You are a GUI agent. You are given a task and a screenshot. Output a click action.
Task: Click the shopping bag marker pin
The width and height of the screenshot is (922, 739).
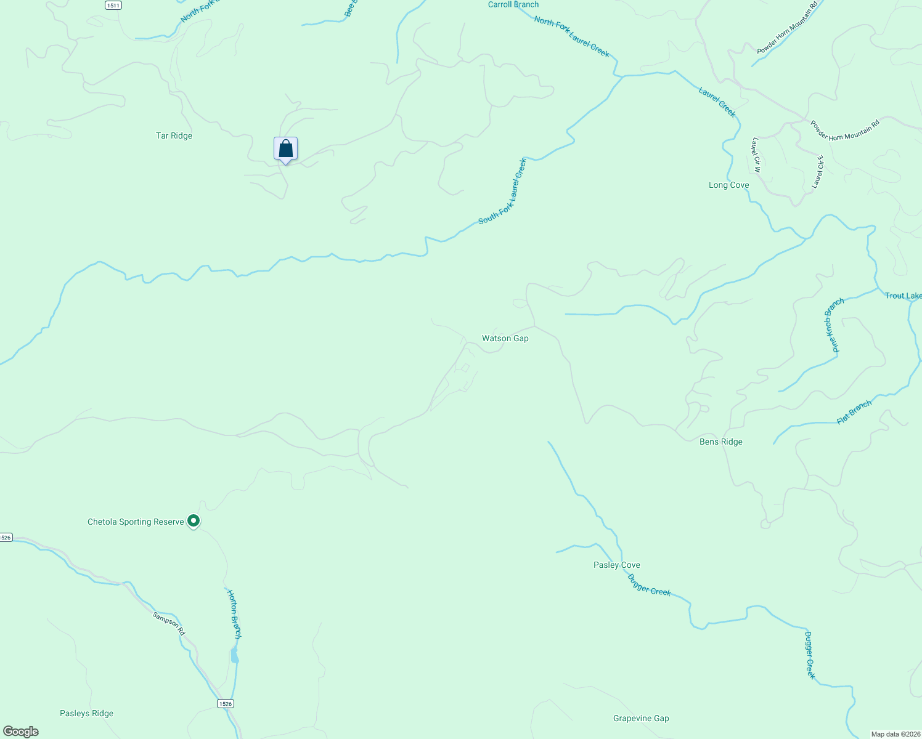coord(285,149)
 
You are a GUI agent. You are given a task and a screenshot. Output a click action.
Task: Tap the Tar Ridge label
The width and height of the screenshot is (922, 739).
coord(174,135)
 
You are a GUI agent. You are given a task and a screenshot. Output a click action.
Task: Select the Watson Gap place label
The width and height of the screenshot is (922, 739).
coord(505,338)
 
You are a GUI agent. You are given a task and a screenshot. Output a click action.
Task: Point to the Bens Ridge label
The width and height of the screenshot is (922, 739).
coord(720,442)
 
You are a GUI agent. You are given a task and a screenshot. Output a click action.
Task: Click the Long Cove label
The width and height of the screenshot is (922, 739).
coord(728,185)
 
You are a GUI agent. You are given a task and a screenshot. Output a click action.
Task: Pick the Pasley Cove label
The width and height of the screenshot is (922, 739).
coord(616,565)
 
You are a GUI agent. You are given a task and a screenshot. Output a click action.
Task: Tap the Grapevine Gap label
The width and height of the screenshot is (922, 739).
coord(641,718)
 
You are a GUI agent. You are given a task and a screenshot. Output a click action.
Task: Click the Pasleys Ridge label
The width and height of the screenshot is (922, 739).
coord(86,713)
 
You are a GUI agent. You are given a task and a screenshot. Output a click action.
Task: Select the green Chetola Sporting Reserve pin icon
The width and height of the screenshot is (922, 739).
coord(194,521)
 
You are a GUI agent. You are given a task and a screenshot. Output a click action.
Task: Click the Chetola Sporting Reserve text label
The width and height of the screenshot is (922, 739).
coord(136,522)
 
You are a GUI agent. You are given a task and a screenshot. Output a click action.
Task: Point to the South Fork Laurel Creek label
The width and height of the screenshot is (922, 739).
coord(503,192)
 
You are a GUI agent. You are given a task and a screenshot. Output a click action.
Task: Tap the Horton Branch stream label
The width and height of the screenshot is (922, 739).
coord(234,614)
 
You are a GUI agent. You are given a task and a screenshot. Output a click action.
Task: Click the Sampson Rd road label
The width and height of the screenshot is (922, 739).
coord(169,623)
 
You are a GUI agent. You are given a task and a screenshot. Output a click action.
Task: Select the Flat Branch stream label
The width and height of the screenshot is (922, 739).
coord(854,412)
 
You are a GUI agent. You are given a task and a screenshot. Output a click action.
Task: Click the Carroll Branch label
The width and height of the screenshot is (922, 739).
coord(513,4)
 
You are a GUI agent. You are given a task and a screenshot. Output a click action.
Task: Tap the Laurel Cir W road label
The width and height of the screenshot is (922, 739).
coord(756,155)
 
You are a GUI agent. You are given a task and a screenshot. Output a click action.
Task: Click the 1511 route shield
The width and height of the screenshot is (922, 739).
coord(113,5)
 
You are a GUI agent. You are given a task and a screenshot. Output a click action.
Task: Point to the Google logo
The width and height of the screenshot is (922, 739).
coord(21,732)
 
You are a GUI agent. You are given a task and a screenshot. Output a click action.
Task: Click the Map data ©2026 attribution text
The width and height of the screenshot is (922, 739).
coord(895,734)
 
